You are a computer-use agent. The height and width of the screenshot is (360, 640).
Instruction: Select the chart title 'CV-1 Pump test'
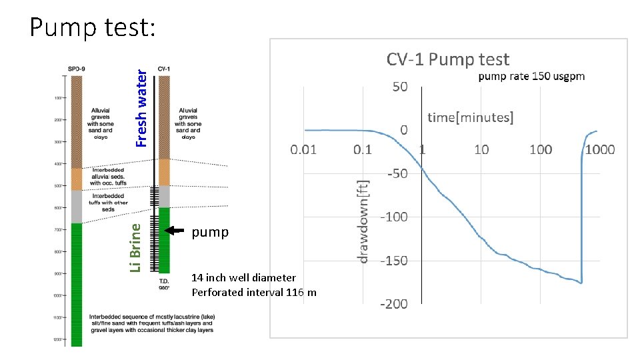(x=448, y=60)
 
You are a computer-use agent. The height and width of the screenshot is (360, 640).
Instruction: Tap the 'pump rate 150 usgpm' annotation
(x=531, y=76)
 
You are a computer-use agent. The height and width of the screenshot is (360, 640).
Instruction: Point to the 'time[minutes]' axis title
(x=470, y=118)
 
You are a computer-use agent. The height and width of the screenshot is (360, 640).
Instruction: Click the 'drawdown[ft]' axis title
(x=363, y=221)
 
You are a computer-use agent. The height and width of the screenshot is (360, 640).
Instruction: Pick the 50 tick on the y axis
(x=399, y=87)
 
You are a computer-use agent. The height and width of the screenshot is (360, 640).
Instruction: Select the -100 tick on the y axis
(x=393, y=217)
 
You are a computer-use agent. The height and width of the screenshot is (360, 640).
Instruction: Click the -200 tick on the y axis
(x=393, y=304)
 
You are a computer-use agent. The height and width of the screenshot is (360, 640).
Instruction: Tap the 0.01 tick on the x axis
(x=303, y=149)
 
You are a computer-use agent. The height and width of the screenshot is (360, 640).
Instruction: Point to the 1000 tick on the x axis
(x=600, y=149)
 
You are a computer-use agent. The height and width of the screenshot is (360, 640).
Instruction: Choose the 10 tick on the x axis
(x=481, y=149)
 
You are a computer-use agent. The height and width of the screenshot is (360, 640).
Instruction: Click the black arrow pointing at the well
(x=175, y=231)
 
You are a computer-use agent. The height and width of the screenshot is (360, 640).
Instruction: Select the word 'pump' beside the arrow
(x=210, y=232)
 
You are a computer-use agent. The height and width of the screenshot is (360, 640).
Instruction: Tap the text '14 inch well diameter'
(x=243, y=277)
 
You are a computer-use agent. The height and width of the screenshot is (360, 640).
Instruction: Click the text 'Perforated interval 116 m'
(x=254, y=292)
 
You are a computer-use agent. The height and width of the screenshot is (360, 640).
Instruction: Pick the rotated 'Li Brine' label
(x=135, y=247)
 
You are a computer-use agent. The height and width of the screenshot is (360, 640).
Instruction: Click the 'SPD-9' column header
(x=77, y=69)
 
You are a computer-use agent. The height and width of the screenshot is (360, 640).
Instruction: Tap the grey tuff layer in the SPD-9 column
(x=77, y=206)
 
